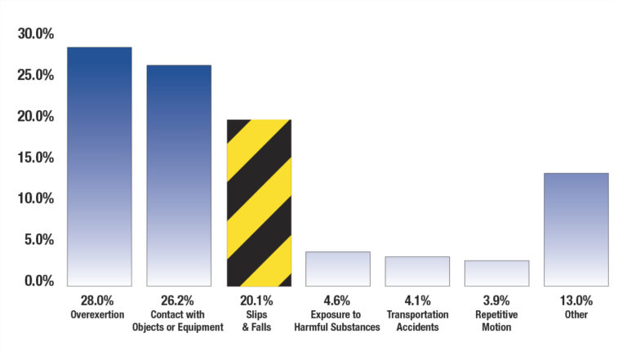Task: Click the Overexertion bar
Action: point(99,167)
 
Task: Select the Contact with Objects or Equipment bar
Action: point(179,176)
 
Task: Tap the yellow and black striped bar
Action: point(258,202)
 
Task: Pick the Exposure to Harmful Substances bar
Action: point(337,269)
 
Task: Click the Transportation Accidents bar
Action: point(417,271)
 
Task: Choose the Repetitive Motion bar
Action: point(496,273)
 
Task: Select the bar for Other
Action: point(576,229)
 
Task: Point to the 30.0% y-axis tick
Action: point(35,34)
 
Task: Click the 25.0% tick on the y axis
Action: point(35,75)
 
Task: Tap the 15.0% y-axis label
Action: point(35,158)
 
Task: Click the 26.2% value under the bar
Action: point(178,300)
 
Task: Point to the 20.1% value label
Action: point(258,300)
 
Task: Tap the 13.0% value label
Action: point(576,300)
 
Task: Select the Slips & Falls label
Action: point(258,320)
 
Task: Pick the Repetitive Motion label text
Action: point(496,320)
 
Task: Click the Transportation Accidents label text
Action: point(417,320)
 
